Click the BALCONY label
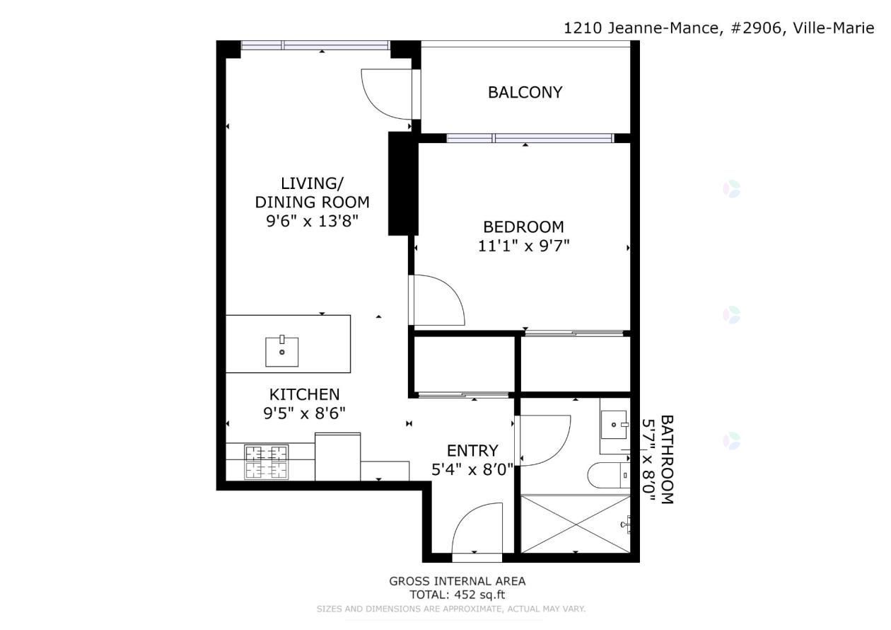(x=525, y=93)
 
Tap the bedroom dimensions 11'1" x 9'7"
(x=523, y=246)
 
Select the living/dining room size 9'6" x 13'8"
(x=313, y=221)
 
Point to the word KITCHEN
(x=304, y=395)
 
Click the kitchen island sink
(x=282, y=351)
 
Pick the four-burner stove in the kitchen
(x=266, y=462)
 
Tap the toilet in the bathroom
(x=609, y=475)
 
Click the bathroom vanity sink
(x=614, y=425)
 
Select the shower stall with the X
(x=576, y=524)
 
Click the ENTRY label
(x=472, y=451)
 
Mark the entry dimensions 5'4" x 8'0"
(x=472, y=469)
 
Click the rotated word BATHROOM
(x=667, y=459)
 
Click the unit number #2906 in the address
(x=756, y=28)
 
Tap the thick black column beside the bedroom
(x=403, y=183)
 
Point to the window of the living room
(x=315, y=45)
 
